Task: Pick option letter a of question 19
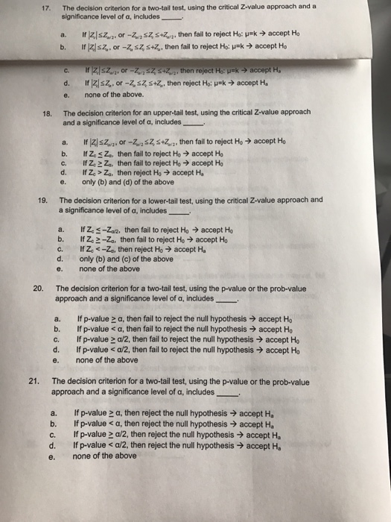point(60,230)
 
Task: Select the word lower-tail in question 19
point(162,201)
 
